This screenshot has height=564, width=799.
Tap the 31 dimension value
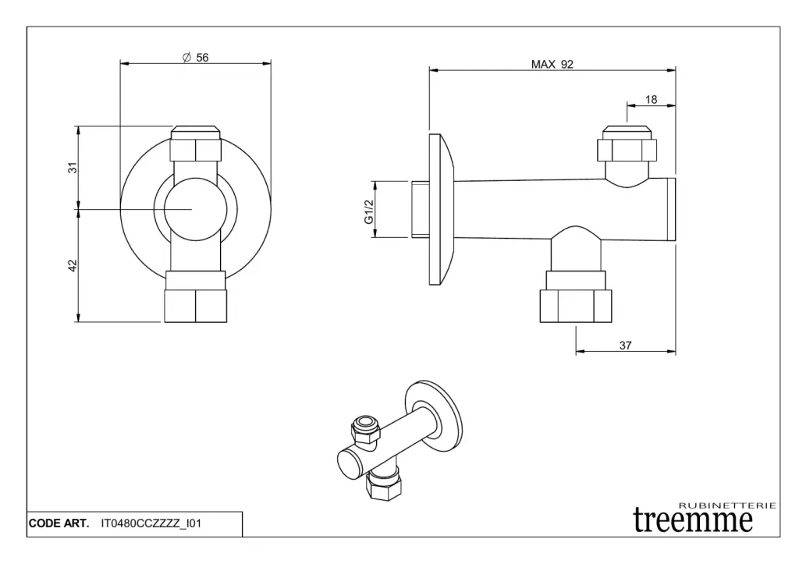click(x=73, y=167)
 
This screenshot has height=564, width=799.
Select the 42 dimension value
click(x=73, y=265)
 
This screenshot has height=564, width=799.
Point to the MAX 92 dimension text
click(x=552, y=64)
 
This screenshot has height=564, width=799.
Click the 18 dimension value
click(x=651, y=99)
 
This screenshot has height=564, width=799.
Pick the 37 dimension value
click(x=625, y=346)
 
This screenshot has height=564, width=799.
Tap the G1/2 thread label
click(x=369, y=211)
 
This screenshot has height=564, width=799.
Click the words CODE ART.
click(x=59, y=523)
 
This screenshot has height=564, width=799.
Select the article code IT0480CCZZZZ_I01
click(x=151, y=523)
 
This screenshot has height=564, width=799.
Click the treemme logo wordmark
click(x=693, y=520)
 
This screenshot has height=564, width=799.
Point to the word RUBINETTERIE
click(x=728, y=505)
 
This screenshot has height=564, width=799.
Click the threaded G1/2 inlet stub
click(x=420, y=209)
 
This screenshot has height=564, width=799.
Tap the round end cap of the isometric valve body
click(x=350, y=465)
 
